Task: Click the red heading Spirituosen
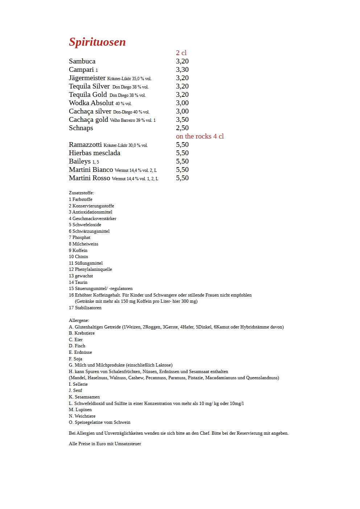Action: [x=97, y=42]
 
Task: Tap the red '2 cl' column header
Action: [x=181, y=53]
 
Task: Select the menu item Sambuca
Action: [x=82, y=61]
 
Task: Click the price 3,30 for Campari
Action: [x=182, y=70]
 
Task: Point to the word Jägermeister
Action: [x=87, y=78]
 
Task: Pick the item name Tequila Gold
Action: [x=88, y=95]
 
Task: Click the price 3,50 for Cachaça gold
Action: [x=182, y=120]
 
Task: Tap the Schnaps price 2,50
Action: [x=182, y=128]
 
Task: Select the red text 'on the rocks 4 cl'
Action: [x=200, y=136]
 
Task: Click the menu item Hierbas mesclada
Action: [x=94, y=153]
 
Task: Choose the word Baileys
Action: [x=80, y=161]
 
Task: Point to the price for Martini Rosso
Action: [x=182, y=178]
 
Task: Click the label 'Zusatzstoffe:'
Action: [x=81, y=193]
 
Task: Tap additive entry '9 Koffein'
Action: [x=78, y=251]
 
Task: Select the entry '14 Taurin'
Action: [x=78, y=282]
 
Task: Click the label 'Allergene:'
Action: [x=79, y=320]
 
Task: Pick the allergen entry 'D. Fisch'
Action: [x=77, y=346]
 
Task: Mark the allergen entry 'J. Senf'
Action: [x=75, y=390]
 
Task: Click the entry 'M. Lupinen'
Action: [x=80, y=410]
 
